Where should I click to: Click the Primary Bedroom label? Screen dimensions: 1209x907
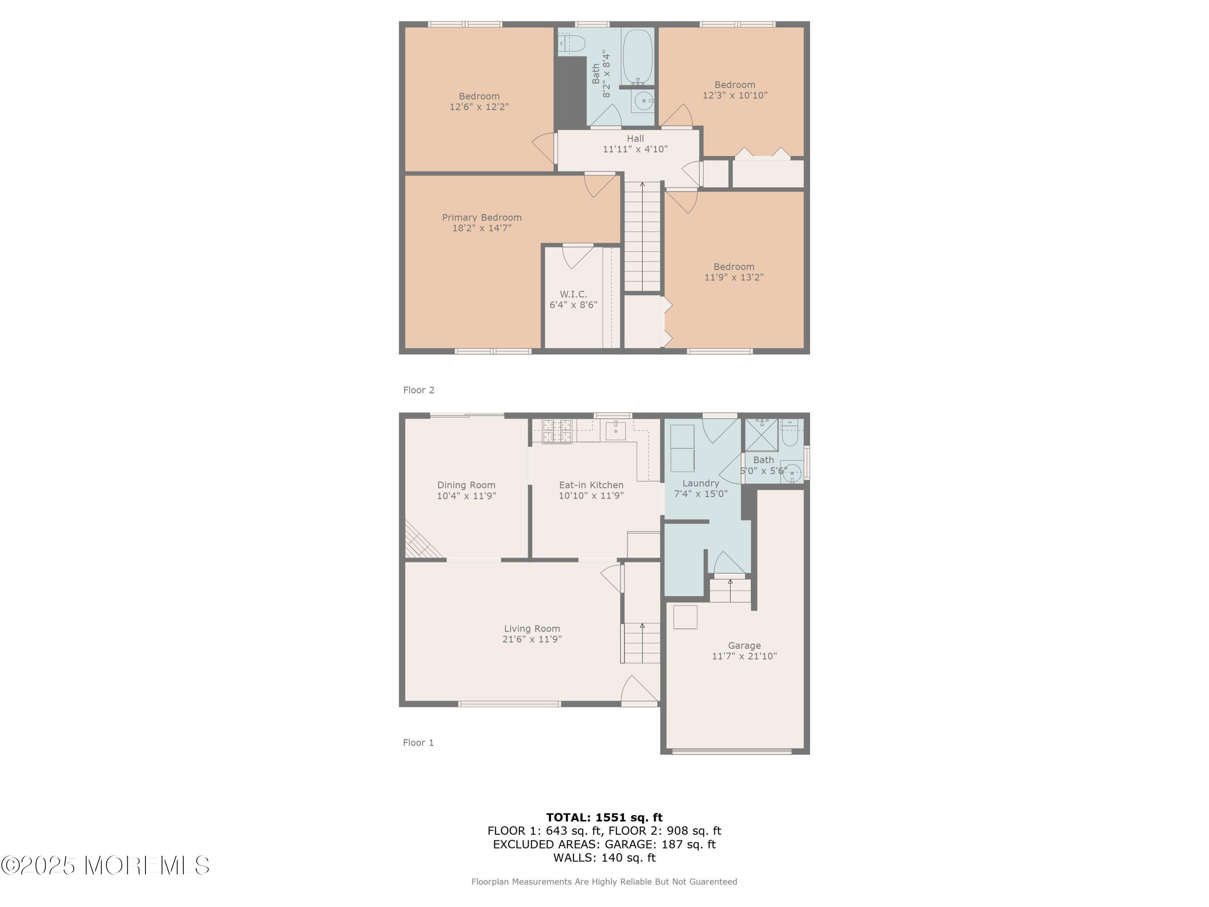(482, 218)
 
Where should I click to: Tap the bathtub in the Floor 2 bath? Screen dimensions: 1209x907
(638, 57)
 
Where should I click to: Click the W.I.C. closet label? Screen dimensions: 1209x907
(573, 294)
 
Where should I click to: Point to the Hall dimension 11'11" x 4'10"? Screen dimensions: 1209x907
(635, 149)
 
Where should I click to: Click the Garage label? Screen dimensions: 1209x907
(744, 646)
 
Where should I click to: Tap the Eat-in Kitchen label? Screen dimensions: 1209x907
(591, 485)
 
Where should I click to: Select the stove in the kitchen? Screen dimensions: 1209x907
(557, 431)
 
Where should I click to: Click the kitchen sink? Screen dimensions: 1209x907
(616, 430)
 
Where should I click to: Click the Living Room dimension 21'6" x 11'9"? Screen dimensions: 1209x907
(532, 639)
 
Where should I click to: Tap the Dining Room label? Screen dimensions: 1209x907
(466, 485)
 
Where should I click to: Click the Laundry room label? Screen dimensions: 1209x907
(701, 483)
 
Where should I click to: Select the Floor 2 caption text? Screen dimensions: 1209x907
(419, 390)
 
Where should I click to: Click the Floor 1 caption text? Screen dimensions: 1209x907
(418, 743)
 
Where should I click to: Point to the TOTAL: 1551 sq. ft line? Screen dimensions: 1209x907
(604, 818)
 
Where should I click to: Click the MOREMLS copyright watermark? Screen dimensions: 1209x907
(105, 865)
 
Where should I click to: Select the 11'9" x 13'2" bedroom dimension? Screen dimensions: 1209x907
(733, 277)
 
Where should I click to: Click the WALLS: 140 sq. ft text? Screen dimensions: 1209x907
(604, 858)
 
